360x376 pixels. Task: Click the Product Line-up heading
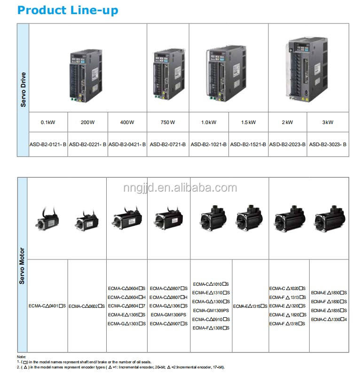[68, 10]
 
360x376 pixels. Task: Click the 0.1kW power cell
[48, 122]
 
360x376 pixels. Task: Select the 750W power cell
[168, 122]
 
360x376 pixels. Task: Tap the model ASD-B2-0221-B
[88, 144]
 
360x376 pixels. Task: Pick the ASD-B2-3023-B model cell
[328, 144]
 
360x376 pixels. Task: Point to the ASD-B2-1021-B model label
[209, 144]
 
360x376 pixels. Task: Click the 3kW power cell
[328, 122]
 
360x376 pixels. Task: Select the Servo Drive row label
[23, 89]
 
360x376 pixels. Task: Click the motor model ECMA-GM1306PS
[168, 315]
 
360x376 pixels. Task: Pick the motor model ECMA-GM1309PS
[211, 310]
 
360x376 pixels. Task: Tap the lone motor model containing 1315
[250, 306]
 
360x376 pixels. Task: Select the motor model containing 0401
[47, 306]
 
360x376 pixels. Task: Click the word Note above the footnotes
[21, 357]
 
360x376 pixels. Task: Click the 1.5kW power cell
[248, 122]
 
